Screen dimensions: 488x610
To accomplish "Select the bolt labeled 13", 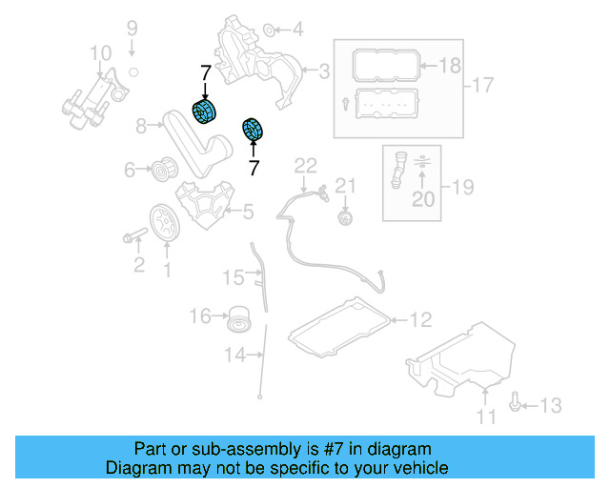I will click(516, 406).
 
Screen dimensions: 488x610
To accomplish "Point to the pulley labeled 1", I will click(166, 223).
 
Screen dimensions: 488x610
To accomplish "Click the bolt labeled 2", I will click(133, 234).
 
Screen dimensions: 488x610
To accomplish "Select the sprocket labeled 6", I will click(162, 172).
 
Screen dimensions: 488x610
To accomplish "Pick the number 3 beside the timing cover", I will click(324, 70).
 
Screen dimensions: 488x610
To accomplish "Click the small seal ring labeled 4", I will click(268, 30).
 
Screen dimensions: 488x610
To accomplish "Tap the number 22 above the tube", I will click(304, 166).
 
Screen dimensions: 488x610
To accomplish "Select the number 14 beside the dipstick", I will click(234, 356).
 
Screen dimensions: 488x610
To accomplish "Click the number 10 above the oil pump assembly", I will click(100, 51).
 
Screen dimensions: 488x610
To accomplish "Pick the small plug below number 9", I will click(133, 72).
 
